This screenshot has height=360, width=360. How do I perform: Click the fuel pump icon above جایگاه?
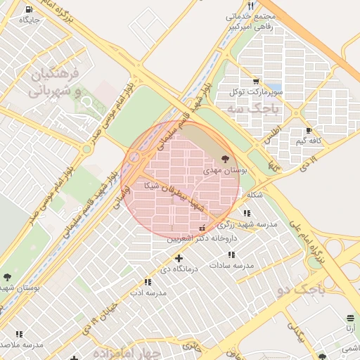coord(28,10)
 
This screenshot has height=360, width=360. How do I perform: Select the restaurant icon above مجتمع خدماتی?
coord(250,6)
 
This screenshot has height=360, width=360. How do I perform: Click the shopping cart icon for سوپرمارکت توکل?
coord(255,82)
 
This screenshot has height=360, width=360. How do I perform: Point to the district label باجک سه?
coord(254,109)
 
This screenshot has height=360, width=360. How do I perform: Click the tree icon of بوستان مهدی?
coord(225,160)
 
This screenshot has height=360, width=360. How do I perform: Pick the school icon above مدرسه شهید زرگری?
coord(247,213)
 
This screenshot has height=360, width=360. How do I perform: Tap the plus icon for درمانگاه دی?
coord(179,258)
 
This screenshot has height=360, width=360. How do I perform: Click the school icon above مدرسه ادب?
coord(148,282)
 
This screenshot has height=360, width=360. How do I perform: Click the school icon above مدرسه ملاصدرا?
coord(19,334)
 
